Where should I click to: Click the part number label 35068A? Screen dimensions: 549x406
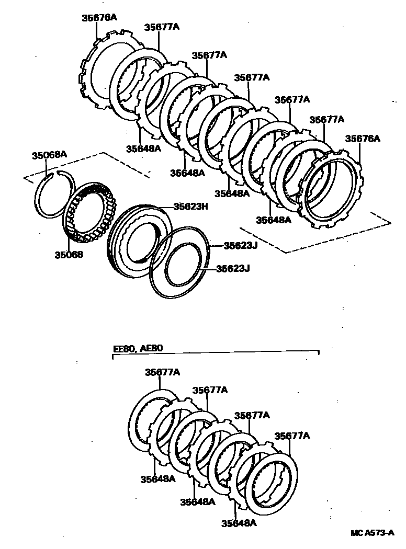pyautogui.click(x=49, y=155)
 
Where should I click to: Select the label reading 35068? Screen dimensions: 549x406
pyautogui.click(x=68, y=255)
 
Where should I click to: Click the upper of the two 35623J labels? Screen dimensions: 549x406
pyautogui.click(x=237, y=245)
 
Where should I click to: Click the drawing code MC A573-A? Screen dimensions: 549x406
pyautogui.click(x=372, y=533)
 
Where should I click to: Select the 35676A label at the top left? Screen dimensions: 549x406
pyautogui.click(x=99, y=17)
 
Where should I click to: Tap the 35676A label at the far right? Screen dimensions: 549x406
pyautogui.click(x=362, y=139)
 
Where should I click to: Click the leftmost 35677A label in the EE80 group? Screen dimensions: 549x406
pyautogui.click(x=162, y=372)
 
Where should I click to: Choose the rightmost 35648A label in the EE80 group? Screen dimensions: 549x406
pyautogui.click(x=239, y=523)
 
